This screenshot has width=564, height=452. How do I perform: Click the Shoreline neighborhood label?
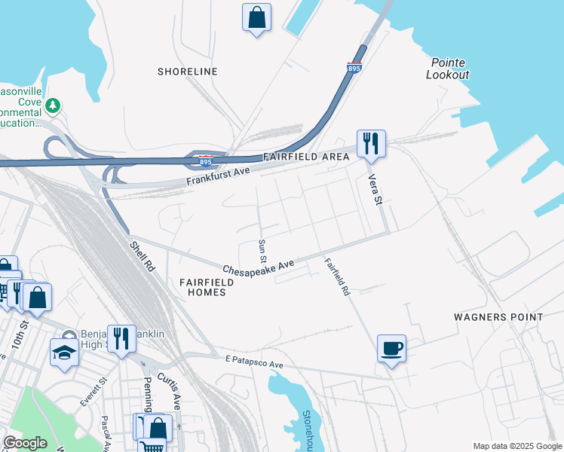click(187, 72)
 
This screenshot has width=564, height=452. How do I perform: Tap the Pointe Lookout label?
click(448, 69)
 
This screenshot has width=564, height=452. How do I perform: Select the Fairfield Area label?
click(306, 157)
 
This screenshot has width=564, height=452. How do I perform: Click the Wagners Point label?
click(498, 317)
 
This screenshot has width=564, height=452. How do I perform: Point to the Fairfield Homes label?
click(207, 286)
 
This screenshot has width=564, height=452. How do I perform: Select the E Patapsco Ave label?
click(253, 363)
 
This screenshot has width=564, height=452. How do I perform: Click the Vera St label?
click(375, 189)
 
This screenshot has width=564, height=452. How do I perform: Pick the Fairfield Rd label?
click(337, 276)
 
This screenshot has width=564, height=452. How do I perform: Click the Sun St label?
click(262, 251)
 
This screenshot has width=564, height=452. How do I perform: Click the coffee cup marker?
click(391, 349)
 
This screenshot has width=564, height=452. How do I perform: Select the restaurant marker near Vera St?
click(371, 143)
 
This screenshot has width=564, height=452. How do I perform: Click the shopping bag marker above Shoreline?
click(256, 17)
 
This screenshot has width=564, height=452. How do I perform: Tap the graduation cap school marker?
click(64, 351)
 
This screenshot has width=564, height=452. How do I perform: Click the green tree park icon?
click(53, 105)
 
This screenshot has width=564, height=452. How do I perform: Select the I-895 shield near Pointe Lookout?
click(354, 68)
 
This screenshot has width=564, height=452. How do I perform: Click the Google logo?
click(25, 443)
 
